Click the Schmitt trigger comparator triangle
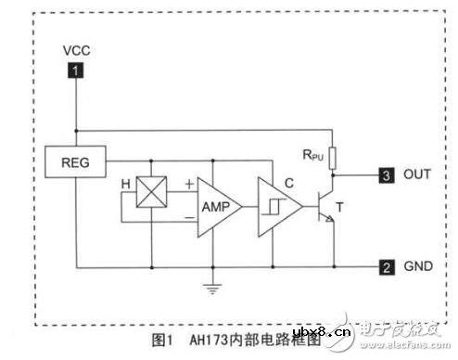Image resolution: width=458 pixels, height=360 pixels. [x=277, y=204]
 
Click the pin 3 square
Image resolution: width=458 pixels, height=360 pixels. [x=386, y=174]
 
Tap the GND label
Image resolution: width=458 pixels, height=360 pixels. [x=418, y=267]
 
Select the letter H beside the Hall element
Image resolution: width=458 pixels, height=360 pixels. [x=125, y=183]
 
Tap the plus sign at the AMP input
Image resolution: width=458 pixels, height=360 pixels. [x=189, y=184]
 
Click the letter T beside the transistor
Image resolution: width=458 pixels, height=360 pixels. [x=350, y=210]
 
